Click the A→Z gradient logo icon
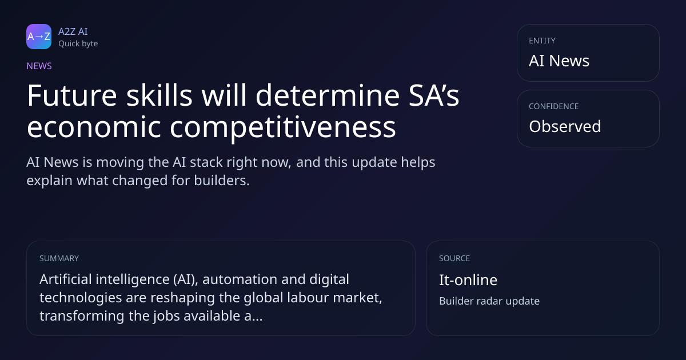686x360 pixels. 39,37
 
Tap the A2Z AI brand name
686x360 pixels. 73,31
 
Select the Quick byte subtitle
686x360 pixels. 78,44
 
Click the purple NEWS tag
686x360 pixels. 39,66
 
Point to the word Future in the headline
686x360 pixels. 72,95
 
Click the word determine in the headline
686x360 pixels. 328,95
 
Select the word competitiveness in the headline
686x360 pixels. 282,127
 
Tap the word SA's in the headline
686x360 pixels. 434,95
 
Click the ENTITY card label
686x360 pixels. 542,41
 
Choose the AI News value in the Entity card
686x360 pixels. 559,61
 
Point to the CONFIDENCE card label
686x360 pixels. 554,106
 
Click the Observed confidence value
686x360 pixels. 565,126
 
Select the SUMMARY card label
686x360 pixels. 59,258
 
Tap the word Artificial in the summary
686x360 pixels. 66,279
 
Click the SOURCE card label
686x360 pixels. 454,258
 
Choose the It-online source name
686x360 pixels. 468,280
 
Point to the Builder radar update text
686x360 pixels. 489,301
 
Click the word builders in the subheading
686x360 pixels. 222,181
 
